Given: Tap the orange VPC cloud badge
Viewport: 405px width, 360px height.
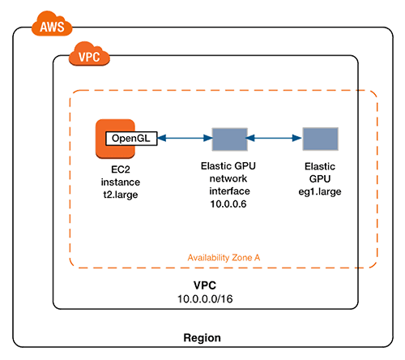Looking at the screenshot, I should pyautogui.click(x=88, y=58).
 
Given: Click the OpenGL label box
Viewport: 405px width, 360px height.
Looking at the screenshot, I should pyautogui.click(x=131, y=139).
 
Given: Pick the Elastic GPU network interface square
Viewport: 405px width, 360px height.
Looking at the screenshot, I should pyautogui.click(x=228, y=139).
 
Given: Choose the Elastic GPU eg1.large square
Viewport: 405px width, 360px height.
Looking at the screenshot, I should pyautogui.click(x=319, y=139).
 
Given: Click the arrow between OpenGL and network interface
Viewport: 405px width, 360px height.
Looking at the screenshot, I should pyautogui.click(x=183, y=139).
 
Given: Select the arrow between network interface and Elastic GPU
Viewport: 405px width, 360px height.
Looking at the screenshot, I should pyautogui.click(x=274, y=139).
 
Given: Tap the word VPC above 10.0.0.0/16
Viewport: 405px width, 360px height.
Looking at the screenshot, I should pyautogui.click(x=203, y=287).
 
